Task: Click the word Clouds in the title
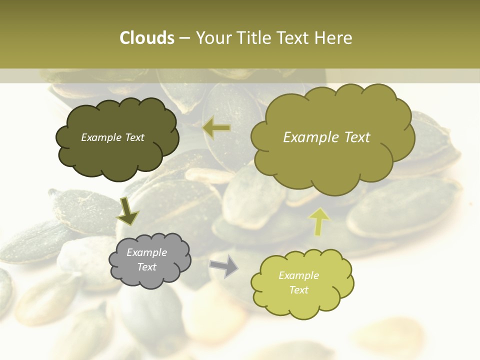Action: [x=146, y=38]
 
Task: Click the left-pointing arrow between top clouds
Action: [x=217, y=128]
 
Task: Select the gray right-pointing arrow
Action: [x=224, y=265]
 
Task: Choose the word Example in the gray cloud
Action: [x=146, y=252]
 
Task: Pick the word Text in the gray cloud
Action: [x=146, y=267]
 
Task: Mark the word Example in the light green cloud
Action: [x=298, y=275]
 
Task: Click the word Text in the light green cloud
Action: [x=298, y=290]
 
